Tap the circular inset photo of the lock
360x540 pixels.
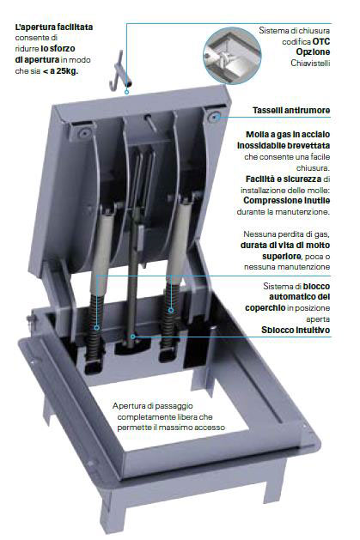(232, 56)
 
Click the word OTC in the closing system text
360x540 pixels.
(321, 42)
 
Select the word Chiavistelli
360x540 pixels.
(310, 63)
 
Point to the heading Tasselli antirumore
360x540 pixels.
(291, 111)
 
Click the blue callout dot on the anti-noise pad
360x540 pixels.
(216, 117)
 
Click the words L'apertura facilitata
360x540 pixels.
(54, 27)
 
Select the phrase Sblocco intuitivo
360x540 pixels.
(296, 330)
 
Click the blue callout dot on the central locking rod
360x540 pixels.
(132, 337)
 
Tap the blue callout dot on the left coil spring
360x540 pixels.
(97, 328)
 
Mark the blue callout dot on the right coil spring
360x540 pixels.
(171, 310)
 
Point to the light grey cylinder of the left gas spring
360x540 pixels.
(101, 249)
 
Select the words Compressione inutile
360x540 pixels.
(287, 200)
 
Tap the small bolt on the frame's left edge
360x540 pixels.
(31, 319)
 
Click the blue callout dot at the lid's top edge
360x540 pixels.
(127, 92)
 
